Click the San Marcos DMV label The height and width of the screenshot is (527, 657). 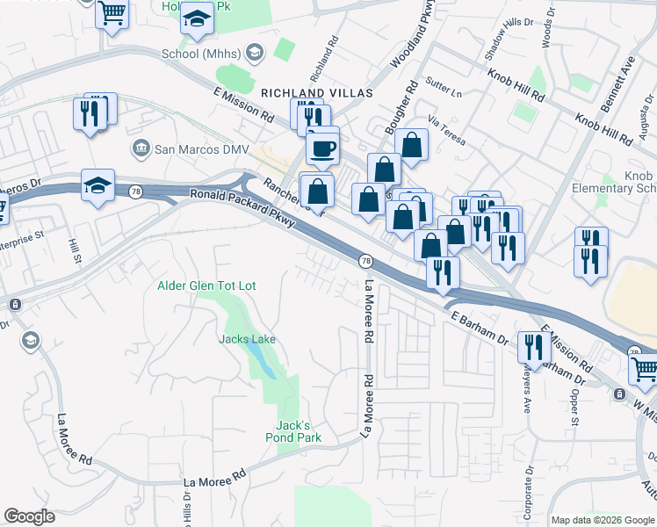click(x=200, y=149)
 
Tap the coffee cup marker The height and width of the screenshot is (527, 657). click(x=322, y=147)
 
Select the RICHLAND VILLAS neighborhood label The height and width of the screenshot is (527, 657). click(x=317, y=92)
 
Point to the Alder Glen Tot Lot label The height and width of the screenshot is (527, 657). click(x=206, y=285)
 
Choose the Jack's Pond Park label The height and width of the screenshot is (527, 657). click(x=293, y=430)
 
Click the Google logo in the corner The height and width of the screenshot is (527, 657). click(x=30, y=516)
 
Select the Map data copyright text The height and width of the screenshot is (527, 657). click(x=603, y=520)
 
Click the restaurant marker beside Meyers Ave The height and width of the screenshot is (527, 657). click(x=534, y=349)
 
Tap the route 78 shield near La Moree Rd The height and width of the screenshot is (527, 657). click(x=365, y=261)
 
